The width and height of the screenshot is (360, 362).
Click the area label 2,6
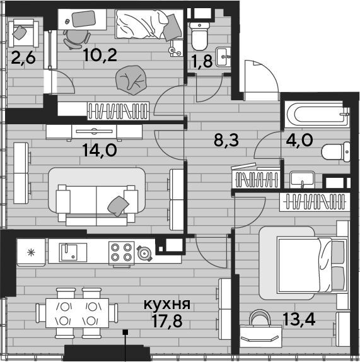click(x=23, y=58)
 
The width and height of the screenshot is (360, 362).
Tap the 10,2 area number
click(x=101, y=55)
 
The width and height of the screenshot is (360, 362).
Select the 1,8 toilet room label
click(x=202, y=61)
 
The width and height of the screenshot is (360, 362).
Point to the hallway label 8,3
click(x=226, y=140)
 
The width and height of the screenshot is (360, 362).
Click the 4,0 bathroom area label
click(x=299, y=139)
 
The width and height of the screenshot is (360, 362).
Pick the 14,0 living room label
click(x=100, y=150)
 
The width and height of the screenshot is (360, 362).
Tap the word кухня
click(x=167, y=304)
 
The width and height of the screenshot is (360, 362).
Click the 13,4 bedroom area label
click(x=299, y=319)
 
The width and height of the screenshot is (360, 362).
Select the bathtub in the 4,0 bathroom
click(x=316, y=114)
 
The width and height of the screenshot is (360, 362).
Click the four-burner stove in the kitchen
click(x=122, y=252)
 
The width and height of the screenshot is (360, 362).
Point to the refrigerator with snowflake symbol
click(x=31, y=252)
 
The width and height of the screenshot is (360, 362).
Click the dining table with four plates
click(x=77, y=313)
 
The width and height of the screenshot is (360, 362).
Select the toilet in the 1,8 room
click(x=200, y=36)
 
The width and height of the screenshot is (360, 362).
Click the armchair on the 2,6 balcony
click(x=23, y=33)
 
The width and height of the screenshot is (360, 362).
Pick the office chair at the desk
click(x=77, y=39)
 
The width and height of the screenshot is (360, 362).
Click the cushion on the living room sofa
click(x=118, y=206)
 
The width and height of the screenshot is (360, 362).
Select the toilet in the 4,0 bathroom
click(x=335, y=152)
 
